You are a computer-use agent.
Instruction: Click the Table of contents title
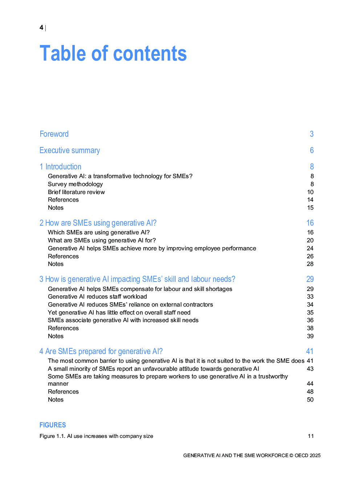click(x=113, y=54)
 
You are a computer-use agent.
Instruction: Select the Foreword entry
click(x=54, y=134)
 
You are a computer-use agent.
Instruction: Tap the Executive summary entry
click(x=70, y=150)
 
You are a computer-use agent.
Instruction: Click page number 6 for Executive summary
click(x=311, y=150)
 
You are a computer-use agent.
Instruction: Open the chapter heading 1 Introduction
click(x=61, y=167)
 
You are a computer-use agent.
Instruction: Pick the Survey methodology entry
click(x=75, y=184)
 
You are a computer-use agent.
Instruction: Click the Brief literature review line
click(x=76, y=192)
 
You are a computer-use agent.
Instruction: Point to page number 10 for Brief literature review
click(x=310, y=192)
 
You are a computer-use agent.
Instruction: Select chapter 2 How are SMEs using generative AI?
click(x=98, y=223)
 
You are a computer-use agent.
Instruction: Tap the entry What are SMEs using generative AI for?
click(x=102, y=240)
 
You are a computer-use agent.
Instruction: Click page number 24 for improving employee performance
click(x=310, y=248)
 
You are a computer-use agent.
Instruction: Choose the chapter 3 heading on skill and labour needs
click(x=137, y=279)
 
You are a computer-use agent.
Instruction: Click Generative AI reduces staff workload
click(x=97, y=296)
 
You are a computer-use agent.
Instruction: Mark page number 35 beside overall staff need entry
click(x=310, y=312)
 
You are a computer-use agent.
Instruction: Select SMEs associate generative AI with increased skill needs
click(x=123, y=320)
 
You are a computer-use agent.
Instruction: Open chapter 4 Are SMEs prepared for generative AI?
click(x=101, y=351)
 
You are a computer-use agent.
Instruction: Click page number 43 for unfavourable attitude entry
click(x=310, y=369)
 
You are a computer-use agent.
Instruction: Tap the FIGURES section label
click(x=53, y=425)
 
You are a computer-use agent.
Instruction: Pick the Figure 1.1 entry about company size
click(x=96, y=436)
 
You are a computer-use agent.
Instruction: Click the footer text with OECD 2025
click(x=251, y=455)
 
